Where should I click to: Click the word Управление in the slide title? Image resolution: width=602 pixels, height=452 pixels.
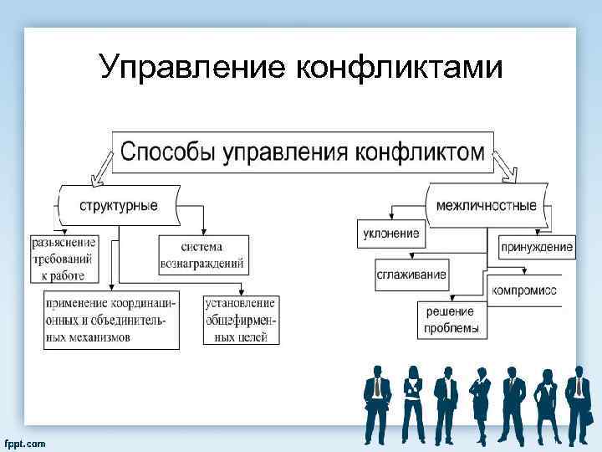tap(191, 68)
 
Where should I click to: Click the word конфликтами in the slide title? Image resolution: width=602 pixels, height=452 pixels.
tap(400, 68)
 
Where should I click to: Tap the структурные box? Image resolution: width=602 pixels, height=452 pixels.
tap(118, 205)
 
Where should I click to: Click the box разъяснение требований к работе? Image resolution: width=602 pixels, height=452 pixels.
tap(64, 259)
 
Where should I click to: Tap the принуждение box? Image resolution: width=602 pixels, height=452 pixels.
tap(537, 247)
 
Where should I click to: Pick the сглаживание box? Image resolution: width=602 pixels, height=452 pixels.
tap(411, 275)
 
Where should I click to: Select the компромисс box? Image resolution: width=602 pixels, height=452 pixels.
tap(524, 290)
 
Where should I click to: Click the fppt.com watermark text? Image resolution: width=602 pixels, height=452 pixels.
tap(25, 442)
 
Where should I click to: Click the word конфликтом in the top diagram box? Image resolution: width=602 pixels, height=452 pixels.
tap(419, 152)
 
